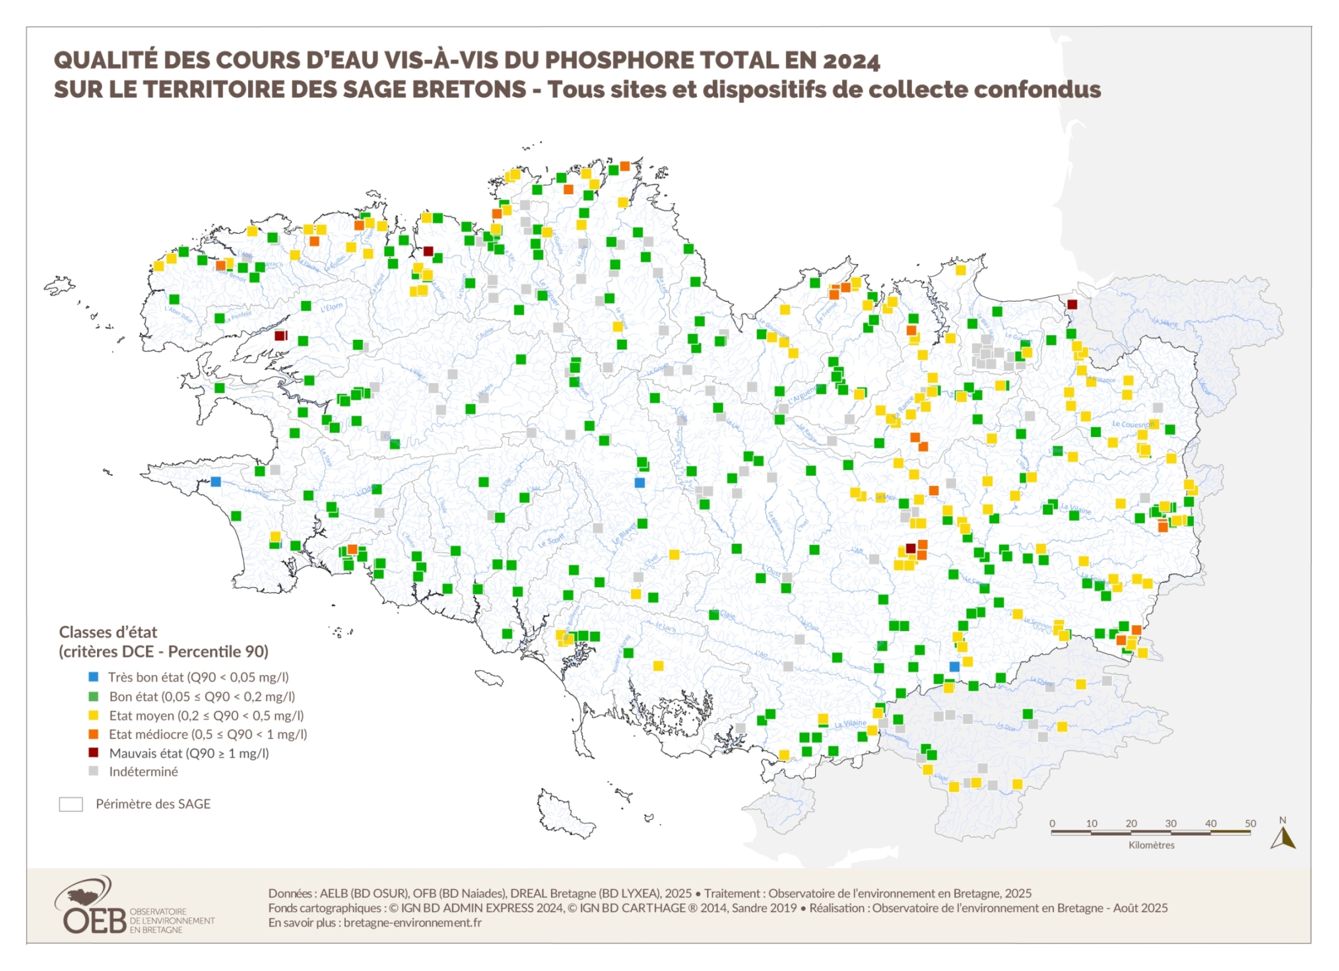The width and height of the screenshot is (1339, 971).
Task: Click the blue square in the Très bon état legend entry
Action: [94, 677]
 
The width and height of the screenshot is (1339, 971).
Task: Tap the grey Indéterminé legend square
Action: [94, 771]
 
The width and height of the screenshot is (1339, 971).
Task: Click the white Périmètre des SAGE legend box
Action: [71, 804]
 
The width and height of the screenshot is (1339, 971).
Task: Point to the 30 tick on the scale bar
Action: [1170, 824]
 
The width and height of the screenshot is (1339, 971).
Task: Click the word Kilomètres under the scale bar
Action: [1151, 845]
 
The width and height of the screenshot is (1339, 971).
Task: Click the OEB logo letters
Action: [95, 920]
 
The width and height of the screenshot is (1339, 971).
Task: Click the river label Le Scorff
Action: [551, 541]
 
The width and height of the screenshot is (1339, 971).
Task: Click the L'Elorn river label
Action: [331, 307]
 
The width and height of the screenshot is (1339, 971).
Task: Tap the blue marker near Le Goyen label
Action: [216, 482]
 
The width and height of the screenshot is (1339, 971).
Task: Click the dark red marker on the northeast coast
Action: [1072, 304]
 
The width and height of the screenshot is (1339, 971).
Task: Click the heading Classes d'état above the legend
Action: [108, 632]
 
